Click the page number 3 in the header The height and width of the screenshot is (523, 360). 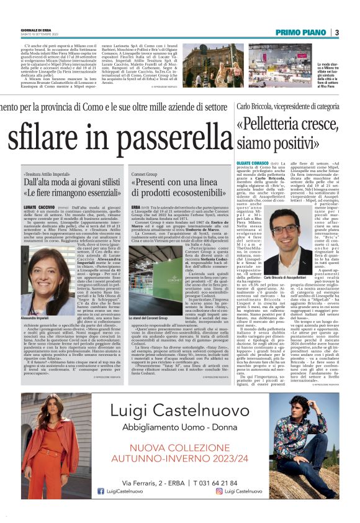tap(336, 32)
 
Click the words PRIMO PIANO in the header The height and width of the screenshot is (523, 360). tap(300, 32)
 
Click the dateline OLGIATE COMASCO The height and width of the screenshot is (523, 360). tap(250, 162)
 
